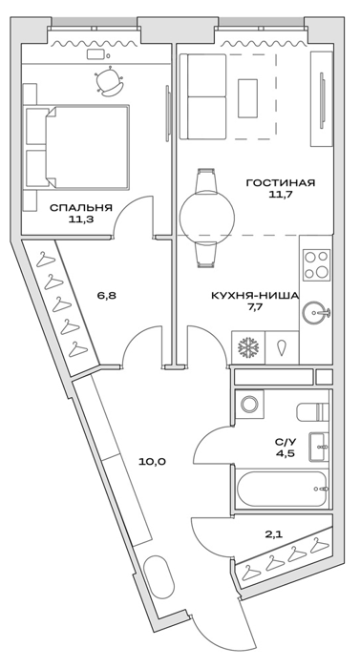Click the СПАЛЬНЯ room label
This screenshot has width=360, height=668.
[81, 208]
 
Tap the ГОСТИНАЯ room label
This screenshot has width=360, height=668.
[280, 183]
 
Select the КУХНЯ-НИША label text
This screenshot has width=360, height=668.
[255, 295]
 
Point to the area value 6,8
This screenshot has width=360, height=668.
[106, 295]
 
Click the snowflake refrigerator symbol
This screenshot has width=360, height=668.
[248, 347]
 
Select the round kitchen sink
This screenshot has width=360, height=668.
[316, 313]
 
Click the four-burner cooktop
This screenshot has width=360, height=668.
[317, 265]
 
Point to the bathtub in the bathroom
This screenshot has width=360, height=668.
[282, 489]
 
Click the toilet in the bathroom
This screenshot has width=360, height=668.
[312, 411]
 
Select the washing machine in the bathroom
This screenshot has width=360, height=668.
[248, 404]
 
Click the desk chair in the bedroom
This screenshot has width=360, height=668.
[110, 81]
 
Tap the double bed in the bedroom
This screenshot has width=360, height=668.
[76, 147]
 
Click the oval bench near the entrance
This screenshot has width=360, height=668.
[159, 576]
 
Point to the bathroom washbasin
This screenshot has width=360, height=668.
[319, 447]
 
